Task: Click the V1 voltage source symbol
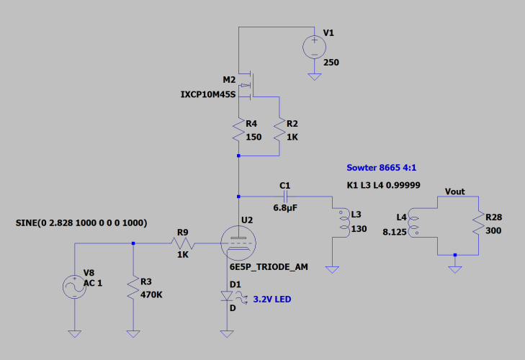click(x=315, y=48)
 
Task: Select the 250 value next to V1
click(x=331, y=63)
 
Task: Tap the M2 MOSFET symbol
click(x=247, y=86)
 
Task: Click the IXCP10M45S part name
click(x=208, y=94)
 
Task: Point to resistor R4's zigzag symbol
click(x=238, y=130)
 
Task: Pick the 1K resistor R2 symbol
click(x=279, y=130)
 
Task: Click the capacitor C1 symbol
click(x=286, y=197)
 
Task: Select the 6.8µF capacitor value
click(x=285, y=208)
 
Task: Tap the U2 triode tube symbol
click(x=238, y=243)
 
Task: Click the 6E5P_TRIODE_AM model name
click(x=269, y=267)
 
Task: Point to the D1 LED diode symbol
click(x=227, y=296)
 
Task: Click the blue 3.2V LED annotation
click(x=272, y=299)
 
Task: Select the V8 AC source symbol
click(x=74, y=287)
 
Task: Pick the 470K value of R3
click(x=151, y=294)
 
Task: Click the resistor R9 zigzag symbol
click(x=183, y=243)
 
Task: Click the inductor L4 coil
click(x=413, y=222)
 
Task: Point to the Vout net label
click(x=454, y=192)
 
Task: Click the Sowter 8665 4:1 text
click(x=382, y=168)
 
